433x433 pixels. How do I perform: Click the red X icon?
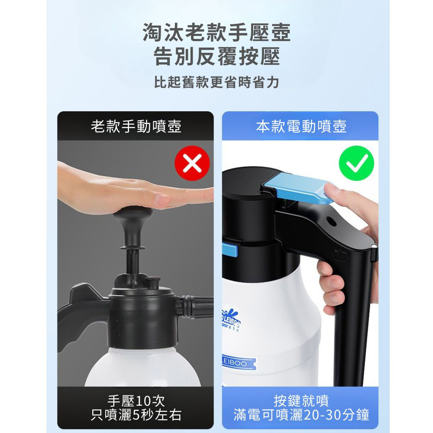point(192,164)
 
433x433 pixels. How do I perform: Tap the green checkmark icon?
point(356,164)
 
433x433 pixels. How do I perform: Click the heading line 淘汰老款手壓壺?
point(216,33)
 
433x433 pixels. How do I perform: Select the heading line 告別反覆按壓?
point(216,57)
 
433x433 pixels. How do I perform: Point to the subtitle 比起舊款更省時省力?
point(216,82)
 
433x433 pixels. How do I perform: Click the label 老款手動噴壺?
point(136,126)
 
